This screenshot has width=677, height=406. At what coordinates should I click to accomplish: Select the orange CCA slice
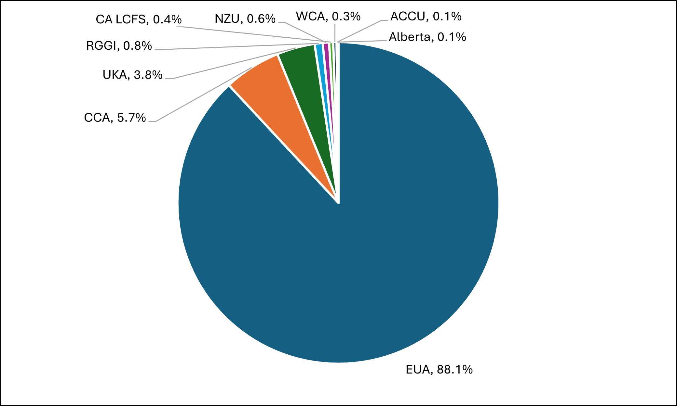pos(280,97)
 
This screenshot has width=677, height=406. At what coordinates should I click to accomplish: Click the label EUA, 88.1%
pos(439,370)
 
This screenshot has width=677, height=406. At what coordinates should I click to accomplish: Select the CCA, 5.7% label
pos(115,118)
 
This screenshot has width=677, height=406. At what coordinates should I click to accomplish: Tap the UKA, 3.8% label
pos(132,75)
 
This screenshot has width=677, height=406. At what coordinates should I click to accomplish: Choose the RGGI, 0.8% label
pos(119,46)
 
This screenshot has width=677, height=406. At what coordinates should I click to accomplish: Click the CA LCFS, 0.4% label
pos(139,19)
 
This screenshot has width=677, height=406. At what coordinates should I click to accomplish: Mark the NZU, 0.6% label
pos(245,19)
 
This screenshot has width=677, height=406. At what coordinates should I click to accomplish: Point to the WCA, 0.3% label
pos(328,16)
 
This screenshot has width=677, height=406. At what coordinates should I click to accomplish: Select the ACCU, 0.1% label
pos(426,16)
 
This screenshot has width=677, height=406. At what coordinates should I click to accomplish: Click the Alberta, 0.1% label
pos(427,37)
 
